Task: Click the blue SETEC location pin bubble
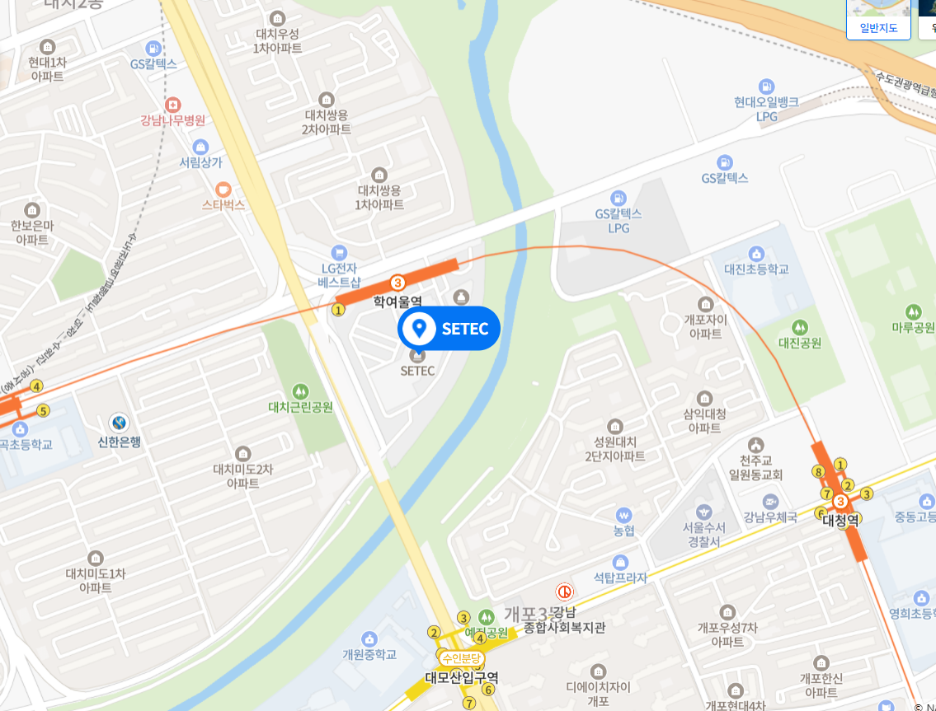(449, 329)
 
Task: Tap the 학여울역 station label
(397, 302)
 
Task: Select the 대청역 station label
(840, 520)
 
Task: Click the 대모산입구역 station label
(461, 678)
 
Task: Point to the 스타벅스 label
(223, 204)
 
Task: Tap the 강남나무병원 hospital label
(172, 120)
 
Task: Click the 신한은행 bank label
(120, 442)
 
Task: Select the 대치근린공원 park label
(300, 407)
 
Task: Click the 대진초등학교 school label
(756, 269)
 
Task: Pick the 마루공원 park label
(913, 327)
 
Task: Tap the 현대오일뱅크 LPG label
(767, 109)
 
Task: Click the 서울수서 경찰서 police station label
(703, 534)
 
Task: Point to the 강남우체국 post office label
(770, 517)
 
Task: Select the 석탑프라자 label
(620, 578)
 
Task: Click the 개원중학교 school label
(369, 654)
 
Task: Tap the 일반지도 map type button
(878, 27)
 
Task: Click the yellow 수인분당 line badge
(459, 658)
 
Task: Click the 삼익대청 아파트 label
(705, 421)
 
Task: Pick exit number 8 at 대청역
(818, 471)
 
